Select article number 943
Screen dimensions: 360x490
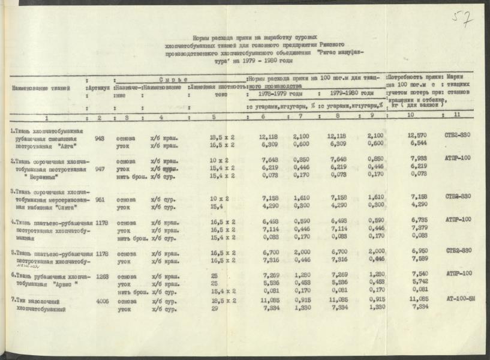[x=100, y=138]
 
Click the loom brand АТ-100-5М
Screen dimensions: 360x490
[x=461, y=298]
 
